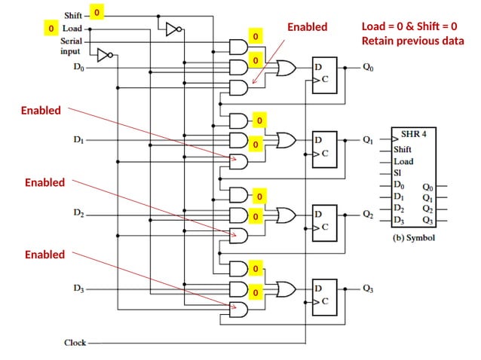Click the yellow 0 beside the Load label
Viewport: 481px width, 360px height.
(51, 29)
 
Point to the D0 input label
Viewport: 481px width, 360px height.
(78, 67)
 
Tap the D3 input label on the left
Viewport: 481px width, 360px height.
(78, 288)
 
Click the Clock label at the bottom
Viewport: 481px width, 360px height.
(75, 343)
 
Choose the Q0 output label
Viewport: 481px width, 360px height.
(367, 67)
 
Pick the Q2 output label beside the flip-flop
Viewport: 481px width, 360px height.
(367, 215)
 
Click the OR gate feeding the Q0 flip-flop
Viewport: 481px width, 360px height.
(287, 69)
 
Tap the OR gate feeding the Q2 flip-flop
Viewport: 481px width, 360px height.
(287, 215)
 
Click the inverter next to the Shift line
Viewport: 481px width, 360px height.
(173, 29)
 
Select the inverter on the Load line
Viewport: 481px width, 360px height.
(105, 55)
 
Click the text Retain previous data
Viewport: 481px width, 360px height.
(412, 41)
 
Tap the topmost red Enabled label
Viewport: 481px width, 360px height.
(308, 27)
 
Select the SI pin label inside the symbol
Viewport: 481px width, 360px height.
(398, 172)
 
